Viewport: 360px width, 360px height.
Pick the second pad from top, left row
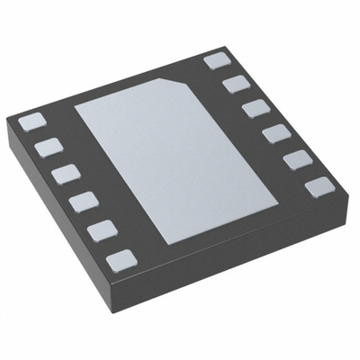(x=48, y=146)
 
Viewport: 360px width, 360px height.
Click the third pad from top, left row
(x=64, y=172)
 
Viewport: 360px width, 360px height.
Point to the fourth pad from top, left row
(x=82, y=200)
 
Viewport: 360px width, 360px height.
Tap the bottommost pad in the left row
(x=121, y=260)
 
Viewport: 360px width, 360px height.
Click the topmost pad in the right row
(x=216, y=61)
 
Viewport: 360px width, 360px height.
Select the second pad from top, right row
(x=235, y=84)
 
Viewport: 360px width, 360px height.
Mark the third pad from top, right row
(x=255, y=109)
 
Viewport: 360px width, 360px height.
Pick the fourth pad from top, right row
(x=274, y=135)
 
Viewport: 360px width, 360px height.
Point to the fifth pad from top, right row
(x=296, y=161)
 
